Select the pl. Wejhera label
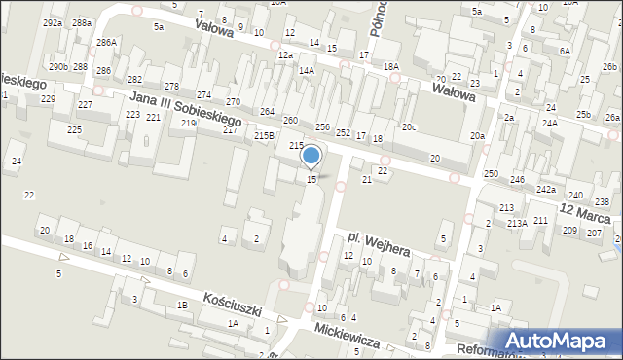point(381,243)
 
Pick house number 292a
point(53,22)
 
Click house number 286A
point(106,43)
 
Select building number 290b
point(58,66)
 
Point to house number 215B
point(264,136)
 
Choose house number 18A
point(391,66)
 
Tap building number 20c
point(410,127)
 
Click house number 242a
point(546,189)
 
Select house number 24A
point(550,124)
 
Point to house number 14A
point(306,70)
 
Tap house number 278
point(171,88)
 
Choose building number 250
point(491,173)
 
